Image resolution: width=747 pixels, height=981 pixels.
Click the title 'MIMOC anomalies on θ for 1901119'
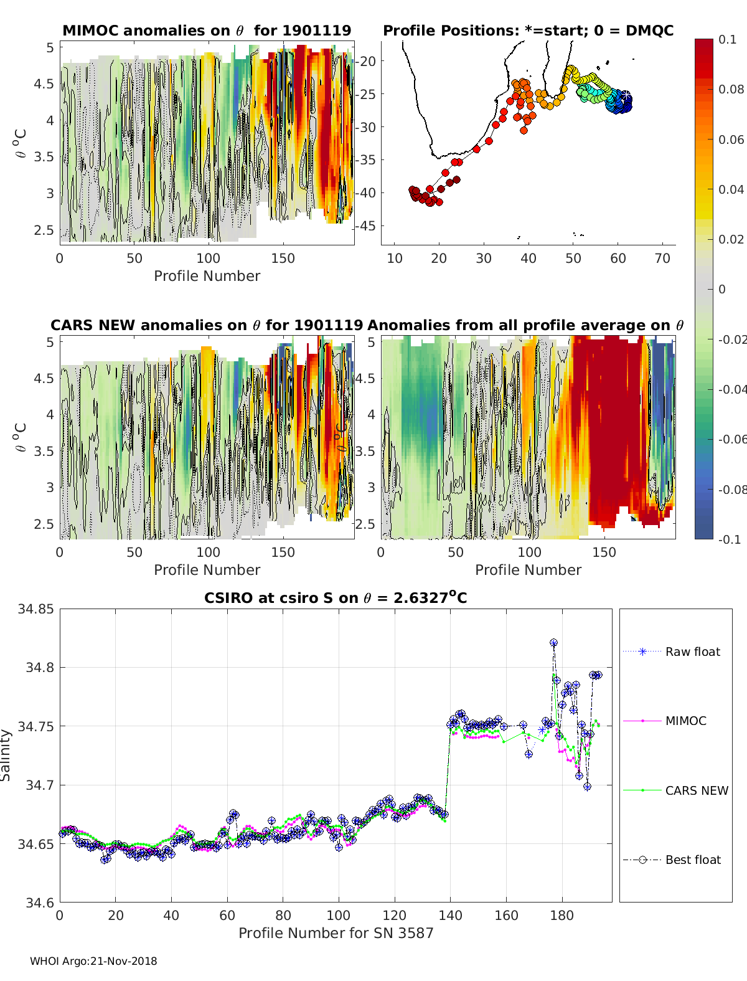[207, 31]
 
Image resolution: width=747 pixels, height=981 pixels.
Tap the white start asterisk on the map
[626, 95]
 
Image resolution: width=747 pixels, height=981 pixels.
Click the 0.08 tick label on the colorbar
[731, 90]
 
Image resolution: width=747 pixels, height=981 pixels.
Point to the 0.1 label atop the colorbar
[727, 40]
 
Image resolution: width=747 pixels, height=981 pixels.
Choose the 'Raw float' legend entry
[672, 652]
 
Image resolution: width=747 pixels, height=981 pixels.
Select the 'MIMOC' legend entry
[665, 721]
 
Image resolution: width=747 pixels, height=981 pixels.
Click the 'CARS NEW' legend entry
[675, 790]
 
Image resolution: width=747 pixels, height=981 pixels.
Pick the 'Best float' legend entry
[672, 860]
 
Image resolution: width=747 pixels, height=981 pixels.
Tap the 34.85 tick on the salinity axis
[35, 609]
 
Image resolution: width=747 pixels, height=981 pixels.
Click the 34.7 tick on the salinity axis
[39, 785]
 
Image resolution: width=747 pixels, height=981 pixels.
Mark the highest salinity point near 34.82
[553, 643]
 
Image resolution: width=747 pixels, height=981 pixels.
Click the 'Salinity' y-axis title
[6, 756]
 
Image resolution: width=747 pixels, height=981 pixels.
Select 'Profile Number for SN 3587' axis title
[336, 933]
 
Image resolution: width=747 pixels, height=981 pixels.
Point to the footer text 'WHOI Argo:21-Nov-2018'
[93, 961]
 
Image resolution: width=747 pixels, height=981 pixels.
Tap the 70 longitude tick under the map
[662, 258]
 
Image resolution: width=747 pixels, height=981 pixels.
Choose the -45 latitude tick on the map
[366, 225]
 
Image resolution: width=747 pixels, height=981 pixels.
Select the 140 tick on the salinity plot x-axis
[450, 916]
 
